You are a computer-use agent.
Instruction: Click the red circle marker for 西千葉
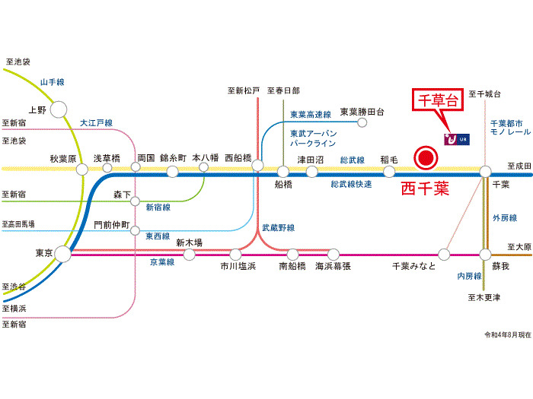[425, 158]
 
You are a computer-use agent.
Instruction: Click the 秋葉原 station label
[64, 158]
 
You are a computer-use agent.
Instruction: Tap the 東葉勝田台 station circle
[362, 122]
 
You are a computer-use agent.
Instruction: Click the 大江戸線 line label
[97, 122]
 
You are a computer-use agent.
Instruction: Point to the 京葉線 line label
[161, 261]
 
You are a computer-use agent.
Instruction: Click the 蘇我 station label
[501, 266]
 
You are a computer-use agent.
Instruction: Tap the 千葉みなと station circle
[447, 254]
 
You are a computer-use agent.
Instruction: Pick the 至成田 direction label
[519, 164]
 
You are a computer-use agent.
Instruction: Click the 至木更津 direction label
[485, 297]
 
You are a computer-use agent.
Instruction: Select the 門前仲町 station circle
[135, 230]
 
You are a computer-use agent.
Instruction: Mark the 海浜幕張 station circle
[333, 254]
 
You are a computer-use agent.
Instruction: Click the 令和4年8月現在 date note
[506, 335]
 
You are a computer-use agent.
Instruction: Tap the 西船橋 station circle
[257, 166]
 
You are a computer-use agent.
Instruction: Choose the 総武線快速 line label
[352, 185]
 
